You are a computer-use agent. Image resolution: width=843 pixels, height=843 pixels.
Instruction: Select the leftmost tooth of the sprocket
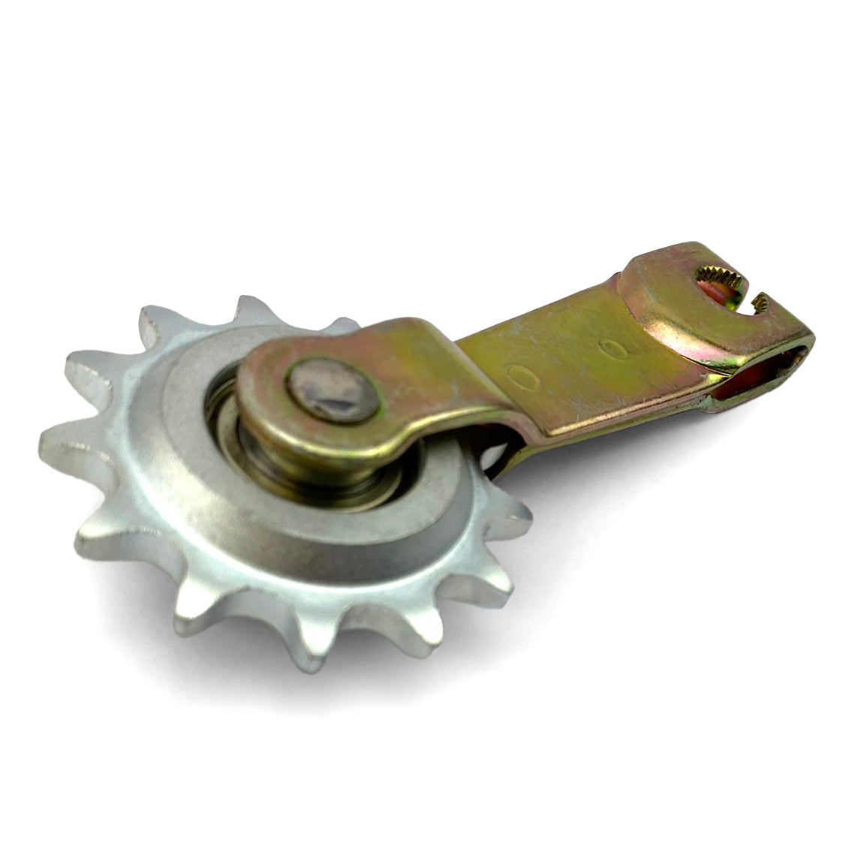(x=60, y=443)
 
